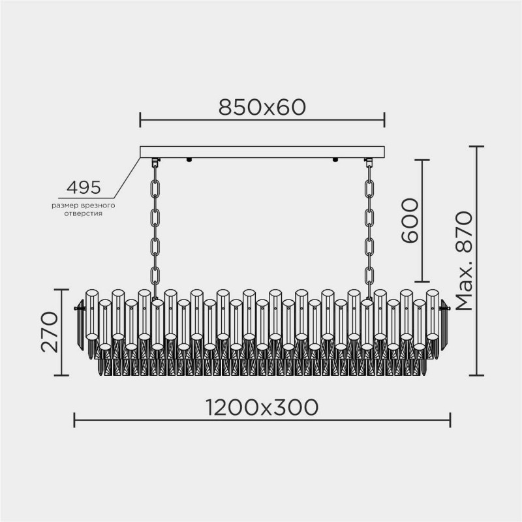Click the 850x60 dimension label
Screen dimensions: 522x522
(x=262, y=106)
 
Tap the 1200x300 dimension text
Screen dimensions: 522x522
(x=262, y=407)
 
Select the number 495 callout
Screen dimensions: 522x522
(x=84, y=188)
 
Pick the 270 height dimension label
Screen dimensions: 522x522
(x=50, y=331)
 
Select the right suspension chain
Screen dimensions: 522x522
(x=369, y=222)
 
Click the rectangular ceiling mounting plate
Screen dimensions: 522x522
(x=262, y=151)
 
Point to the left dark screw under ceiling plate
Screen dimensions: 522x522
(x=189, y=160)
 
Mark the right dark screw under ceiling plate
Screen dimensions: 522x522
(x=335, y=160)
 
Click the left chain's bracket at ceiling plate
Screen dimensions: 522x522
(x=155, y=162)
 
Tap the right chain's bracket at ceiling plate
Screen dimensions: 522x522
(x=369, y=162)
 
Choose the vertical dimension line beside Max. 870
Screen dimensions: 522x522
(x=480, y=261)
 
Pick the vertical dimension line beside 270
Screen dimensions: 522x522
(x=63, y=333)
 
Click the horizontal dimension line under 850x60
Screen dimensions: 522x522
(x=262, y=120)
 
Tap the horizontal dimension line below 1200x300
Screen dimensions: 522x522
(x=262, y=421)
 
